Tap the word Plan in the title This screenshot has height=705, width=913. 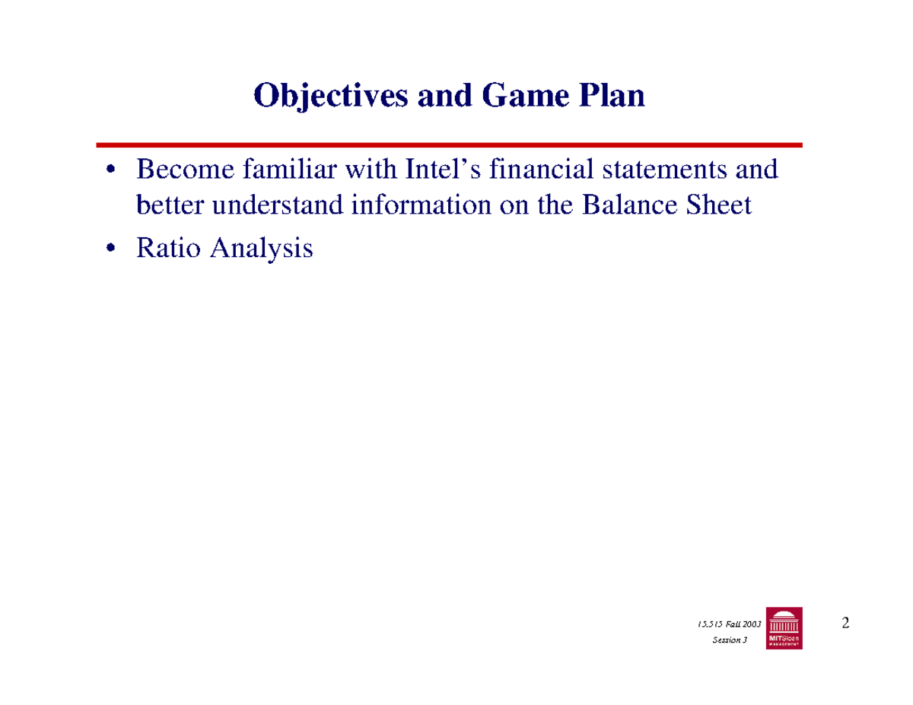[x=610, y=97]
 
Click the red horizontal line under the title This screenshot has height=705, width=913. [x=449, y=144]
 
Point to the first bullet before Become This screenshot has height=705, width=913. [x=112, y=170]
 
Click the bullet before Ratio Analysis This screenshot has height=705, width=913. [x=112, y=249]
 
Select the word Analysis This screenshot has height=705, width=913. [x=259, y=249]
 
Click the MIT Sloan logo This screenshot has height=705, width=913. [x=784, y=628]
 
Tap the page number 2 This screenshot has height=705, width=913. [x=845, y=624]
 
